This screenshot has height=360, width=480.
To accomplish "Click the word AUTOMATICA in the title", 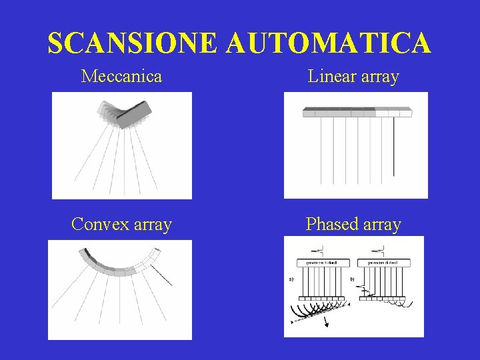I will [329, 43].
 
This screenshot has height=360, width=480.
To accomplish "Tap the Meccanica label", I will [121, 76].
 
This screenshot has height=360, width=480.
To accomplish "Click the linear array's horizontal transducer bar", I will [357, 112].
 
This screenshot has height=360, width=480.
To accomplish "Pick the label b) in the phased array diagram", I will [352, 279].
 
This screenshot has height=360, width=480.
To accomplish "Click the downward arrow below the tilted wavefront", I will [327, 324].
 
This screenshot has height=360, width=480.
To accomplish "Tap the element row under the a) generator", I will [322, 297].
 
